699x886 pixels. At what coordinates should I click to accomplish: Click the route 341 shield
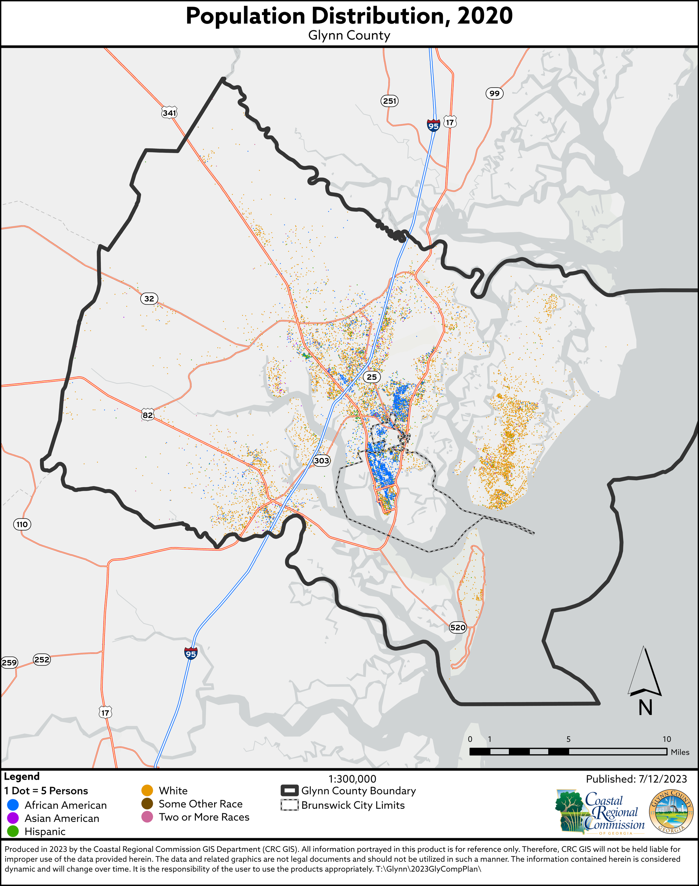pyautogui.click(x=169, y=112)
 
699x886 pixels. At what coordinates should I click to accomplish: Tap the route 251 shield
pyautogui.click(x=389, y=101)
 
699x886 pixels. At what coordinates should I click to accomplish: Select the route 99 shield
pyautogui.click(x=494, y=93)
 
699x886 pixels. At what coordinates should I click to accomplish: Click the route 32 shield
pyautogui.click(x=149, y=299)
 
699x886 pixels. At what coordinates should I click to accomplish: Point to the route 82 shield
pyautogui.click(x=148, y=415)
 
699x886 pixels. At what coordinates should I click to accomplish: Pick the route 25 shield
pyautogui.click(x=372, y=377)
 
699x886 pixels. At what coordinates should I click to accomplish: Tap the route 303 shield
pyautogui.click(x=321, y=460)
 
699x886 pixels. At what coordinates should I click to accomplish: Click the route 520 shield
pyautogui.click(x=457, y=627)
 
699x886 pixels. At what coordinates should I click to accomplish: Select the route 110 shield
pyautogui.click(x=22, y=524)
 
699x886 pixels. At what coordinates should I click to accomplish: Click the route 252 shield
pyautogui.click(x=42, y=659)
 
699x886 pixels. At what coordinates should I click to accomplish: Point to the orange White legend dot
pyautogui.click(x=147, y=791)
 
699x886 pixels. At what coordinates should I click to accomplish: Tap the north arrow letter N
pyautogui.click(x=645, y=708)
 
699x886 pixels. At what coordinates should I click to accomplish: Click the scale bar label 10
pyautogui.click(x=667, y=739)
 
